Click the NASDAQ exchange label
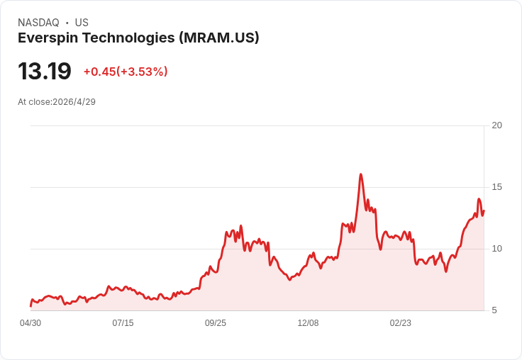pos(38,23)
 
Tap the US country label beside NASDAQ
pos(82,23)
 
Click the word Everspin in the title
pos(48,38)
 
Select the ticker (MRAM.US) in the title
pos(219,38)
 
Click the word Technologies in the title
pos(128,38)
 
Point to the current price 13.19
pos(45,71)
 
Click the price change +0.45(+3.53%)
pos(126,72)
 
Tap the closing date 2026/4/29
pos(74,102)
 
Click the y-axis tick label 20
pos(496,125)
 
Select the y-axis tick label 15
pos(496,187)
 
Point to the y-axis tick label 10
pos(496,249)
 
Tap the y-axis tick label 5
pos(494,310)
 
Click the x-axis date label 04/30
pos(30,323)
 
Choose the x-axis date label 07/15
pos(123,323)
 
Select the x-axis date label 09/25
pos(216,323)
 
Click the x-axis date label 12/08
pos(308,323)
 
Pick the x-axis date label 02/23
pos(401,323)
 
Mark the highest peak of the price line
pos(361,174)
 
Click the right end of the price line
pos(484,210)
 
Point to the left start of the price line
pos(30,305)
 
